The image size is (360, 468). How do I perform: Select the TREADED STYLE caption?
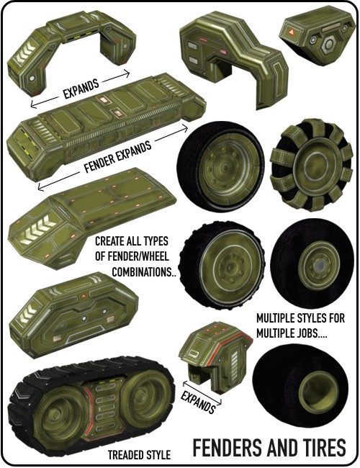coord(139,455)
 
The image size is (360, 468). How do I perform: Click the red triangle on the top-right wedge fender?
coord(290,32)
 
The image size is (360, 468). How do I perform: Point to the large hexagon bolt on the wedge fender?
coord(328,45)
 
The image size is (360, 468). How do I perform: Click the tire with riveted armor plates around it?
coord(311,165)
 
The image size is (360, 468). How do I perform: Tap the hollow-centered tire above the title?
coord(300,385)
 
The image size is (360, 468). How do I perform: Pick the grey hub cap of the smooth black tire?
coord(320,264)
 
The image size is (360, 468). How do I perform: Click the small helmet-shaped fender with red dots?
coord(215,355)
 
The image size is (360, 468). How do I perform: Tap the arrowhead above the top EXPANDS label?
coord(127,73)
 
